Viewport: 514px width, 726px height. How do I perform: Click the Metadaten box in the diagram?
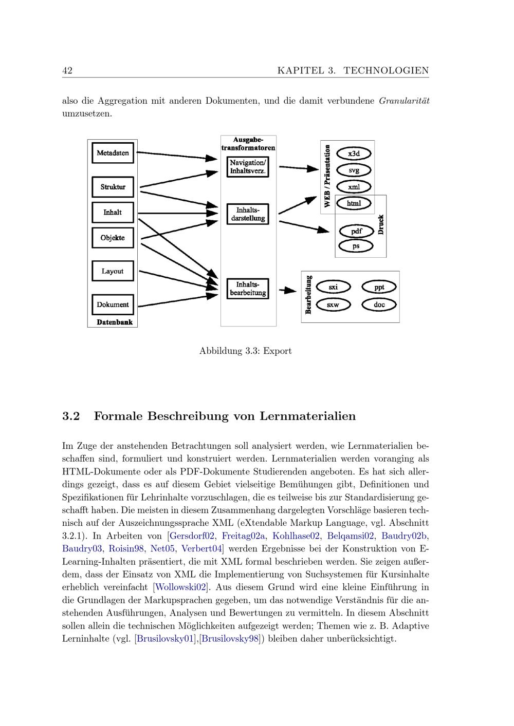pyautogui.click(x=113, y=153)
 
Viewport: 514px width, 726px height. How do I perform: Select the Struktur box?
pyautogui.click(x=113, y=187)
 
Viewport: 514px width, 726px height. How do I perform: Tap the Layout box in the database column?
pyautogui.click(x=113, y=271)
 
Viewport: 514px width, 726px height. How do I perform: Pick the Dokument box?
pyautogui.click(x=113, y=304)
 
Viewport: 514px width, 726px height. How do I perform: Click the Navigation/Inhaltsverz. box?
pyautogui.click(x=248, y=167)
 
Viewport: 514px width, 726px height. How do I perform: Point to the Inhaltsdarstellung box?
pyautogui.click(x=248, y=214)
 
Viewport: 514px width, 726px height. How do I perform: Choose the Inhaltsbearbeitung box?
pyautogui.click(x=248, y=289)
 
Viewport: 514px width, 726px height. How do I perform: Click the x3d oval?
pyautogui.click(x=354, y=154)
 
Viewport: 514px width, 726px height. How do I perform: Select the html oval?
pyautogui.click(x=354, y=203)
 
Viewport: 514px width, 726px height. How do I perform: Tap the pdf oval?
pyautogui.click(x=356, y=231)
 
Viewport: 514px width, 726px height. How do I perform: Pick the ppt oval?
pyautogui.click(x=379, y=287)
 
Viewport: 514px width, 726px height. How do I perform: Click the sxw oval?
pyautogui.click(x=333, y=304)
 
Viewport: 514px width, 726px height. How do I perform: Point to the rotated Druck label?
pyautogui.click(x=381, y=225)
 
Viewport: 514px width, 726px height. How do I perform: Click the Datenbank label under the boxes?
pyautogui.click(x=115, y=322)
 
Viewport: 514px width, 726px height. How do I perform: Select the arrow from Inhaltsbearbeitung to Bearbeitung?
pyautogui.click(x=287, y=290)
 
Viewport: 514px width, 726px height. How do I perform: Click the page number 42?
pyautogui.click(x=67, y=70)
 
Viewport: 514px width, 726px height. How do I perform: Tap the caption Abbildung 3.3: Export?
pyautogui.click(x=245, y=351)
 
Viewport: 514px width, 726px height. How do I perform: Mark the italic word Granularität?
pyautogui.click(x=403, y=101)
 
